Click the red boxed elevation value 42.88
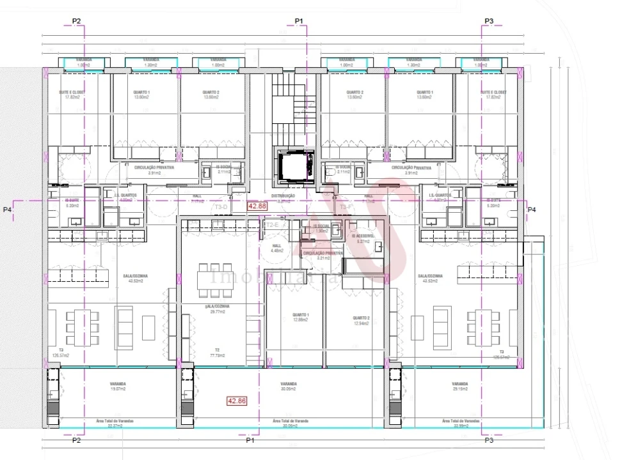click(x=257, y=206)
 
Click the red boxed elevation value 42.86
click(x=236, y=401)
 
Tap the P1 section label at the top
click(x=298, y=21)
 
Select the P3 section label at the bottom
click(x=489, y=440)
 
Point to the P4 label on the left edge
click(x=7, y=210)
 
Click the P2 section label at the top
click(x=77, y=21)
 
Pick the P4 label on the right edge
click(x=531, y=210)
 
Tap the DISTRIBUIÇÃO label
click(x=283, y=196)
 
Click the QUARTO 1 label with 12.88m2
click(x=300, y=318)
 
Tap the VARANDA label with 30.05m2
click(x=289, y=386)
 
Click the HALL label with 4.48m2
click(x=276, y=247)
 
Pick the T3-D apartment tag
click(x=221, y=207)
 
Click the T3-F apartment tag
click(x=346, y=207)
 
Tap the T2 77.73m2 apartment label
click(x=217, y=353)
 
